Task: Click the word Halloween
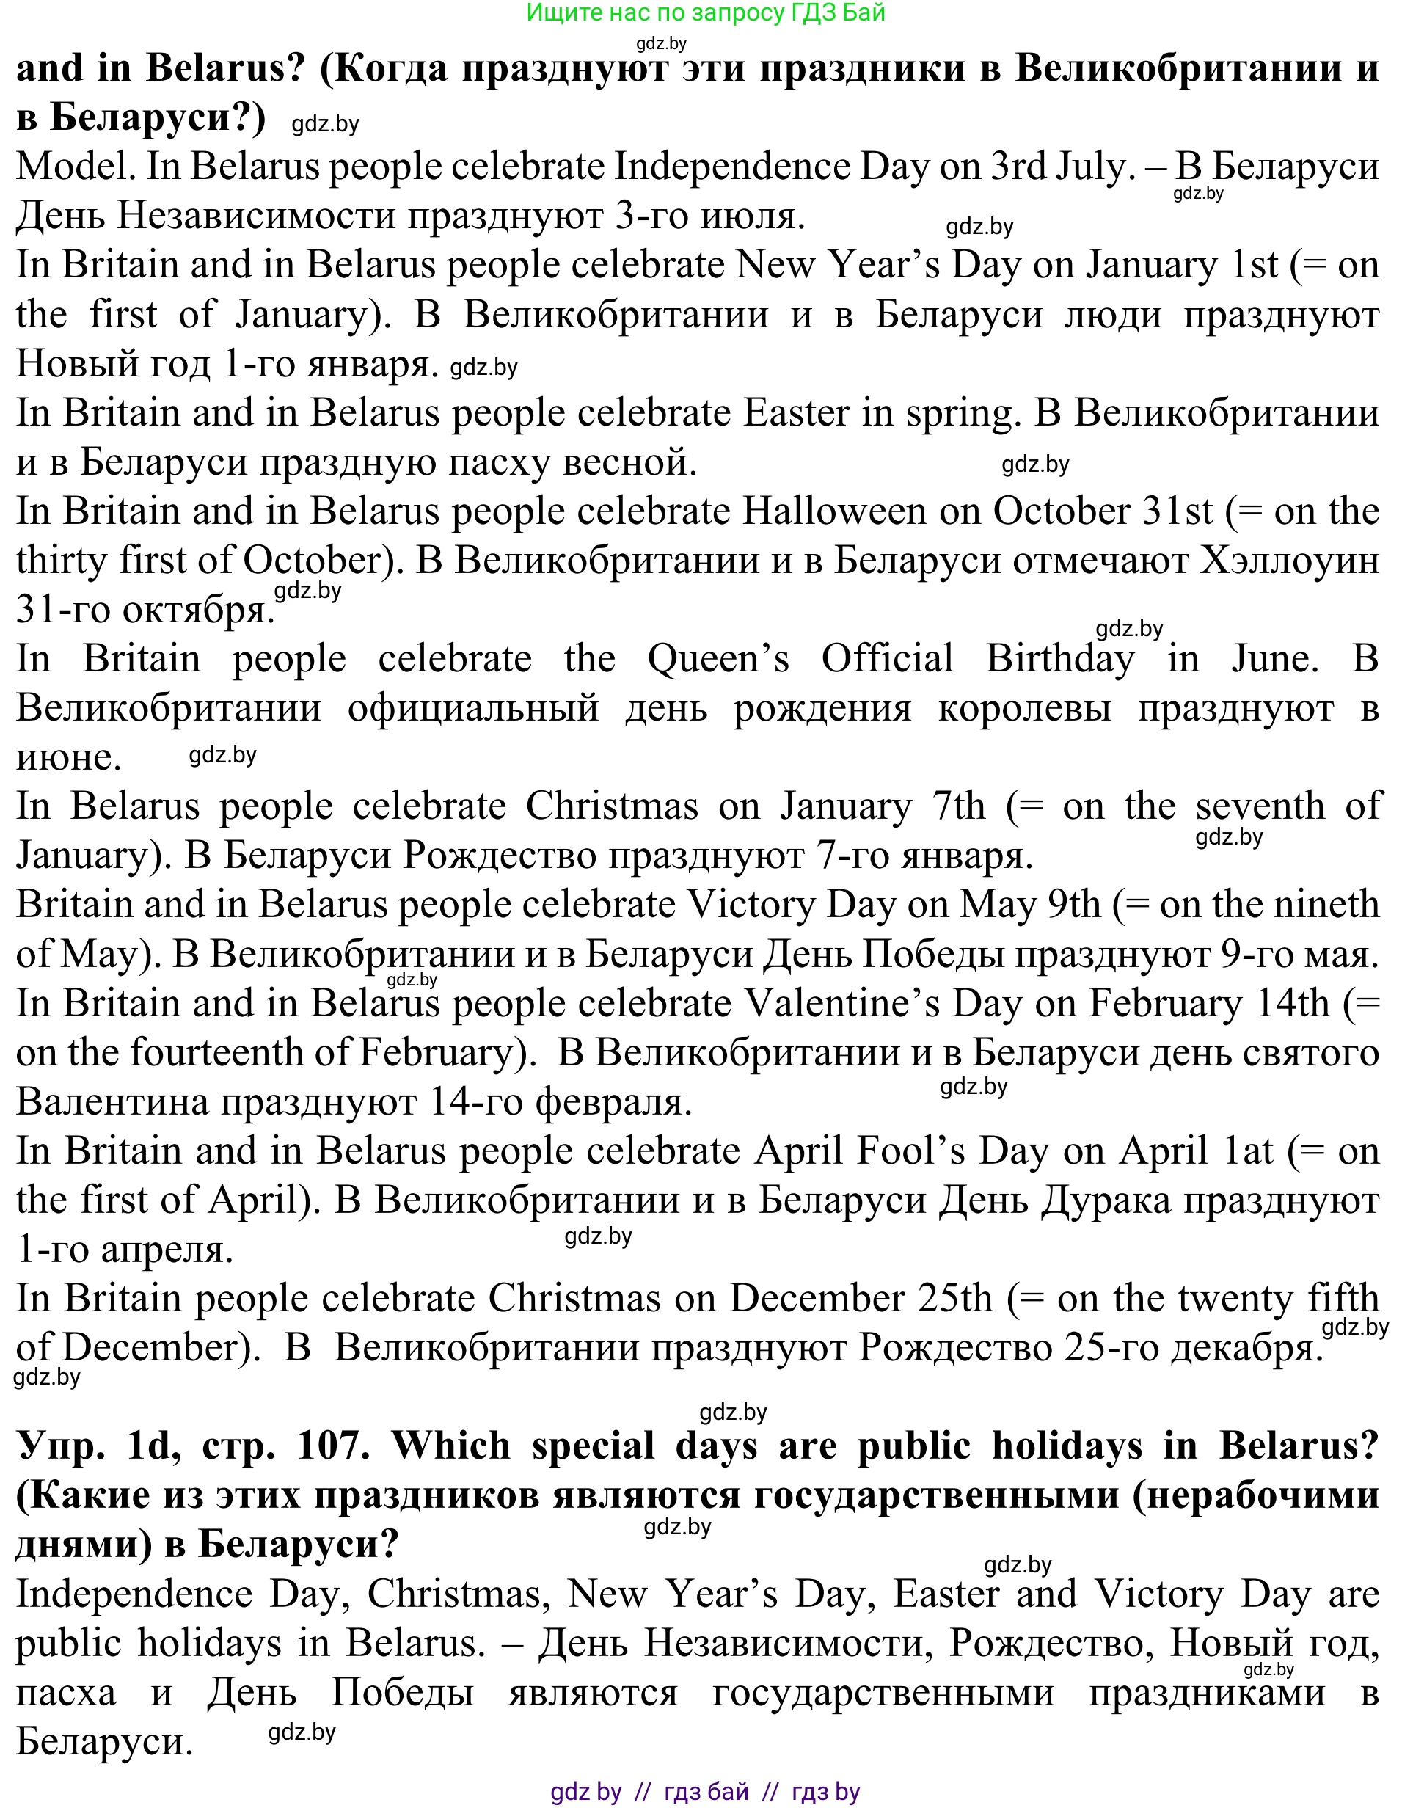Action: (833, 511)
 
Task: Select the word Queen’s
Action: (718, 660)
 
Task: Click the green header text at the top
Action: (705, 12)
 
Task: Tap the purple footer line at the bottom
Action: (705, 1793)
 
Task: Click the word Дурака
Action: (1106, 1200)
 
